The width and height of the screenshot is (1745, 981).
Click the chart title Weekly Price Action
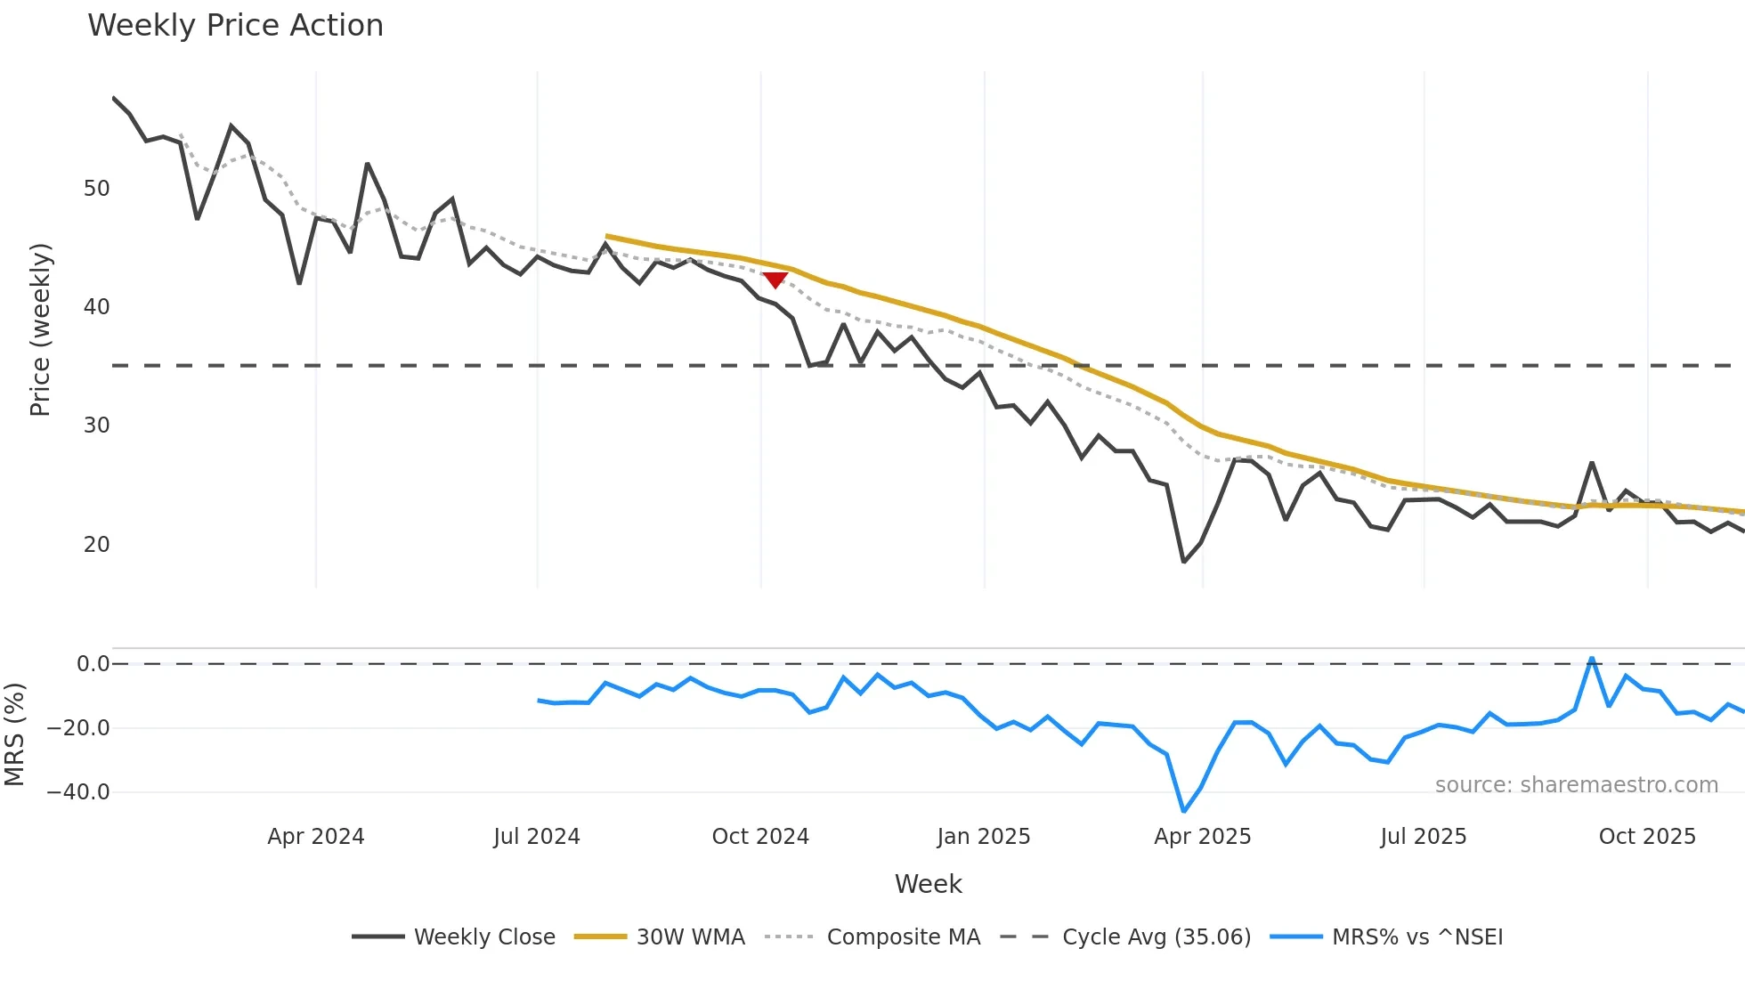[x=235, y=26]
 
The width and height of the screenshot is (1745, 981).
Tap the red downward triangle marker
[x=775, y=280]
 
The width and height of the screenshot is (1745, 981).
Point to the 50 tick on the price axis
[x=96, y=189]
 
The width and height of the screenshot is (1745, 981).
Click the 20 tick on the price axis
[x=96, y=545]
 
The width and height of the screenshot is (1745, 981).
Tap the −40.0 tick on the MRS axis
[x=78, y=792]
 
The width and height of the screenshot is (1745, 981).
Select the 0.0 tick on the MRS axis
[x=93, y=664]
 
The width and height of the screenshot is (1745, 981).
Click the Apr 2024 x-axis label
[x=316, y=837]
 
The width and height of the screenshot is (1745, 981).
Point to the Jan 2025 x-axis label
[x=984, y=837]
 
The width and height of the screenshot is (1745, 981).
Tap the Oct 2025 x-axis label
[x=1647, y=837]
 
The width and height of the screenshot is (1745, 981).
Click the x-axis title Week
[x=928, y=884]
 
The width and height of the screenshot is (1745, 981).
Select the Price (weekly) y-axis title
[x=41, y=329]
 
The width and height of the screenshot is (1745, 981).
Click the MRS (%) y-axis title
[x=14, y=734]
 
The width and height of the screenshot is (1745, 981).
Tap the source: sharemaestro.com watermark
[x=1576, y=785]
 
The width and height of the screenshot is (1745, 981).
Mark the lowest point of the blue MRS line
[x=1184, y=811]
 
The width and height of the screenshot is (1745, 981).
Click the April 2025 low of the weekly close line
[x=1184, y=562]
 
